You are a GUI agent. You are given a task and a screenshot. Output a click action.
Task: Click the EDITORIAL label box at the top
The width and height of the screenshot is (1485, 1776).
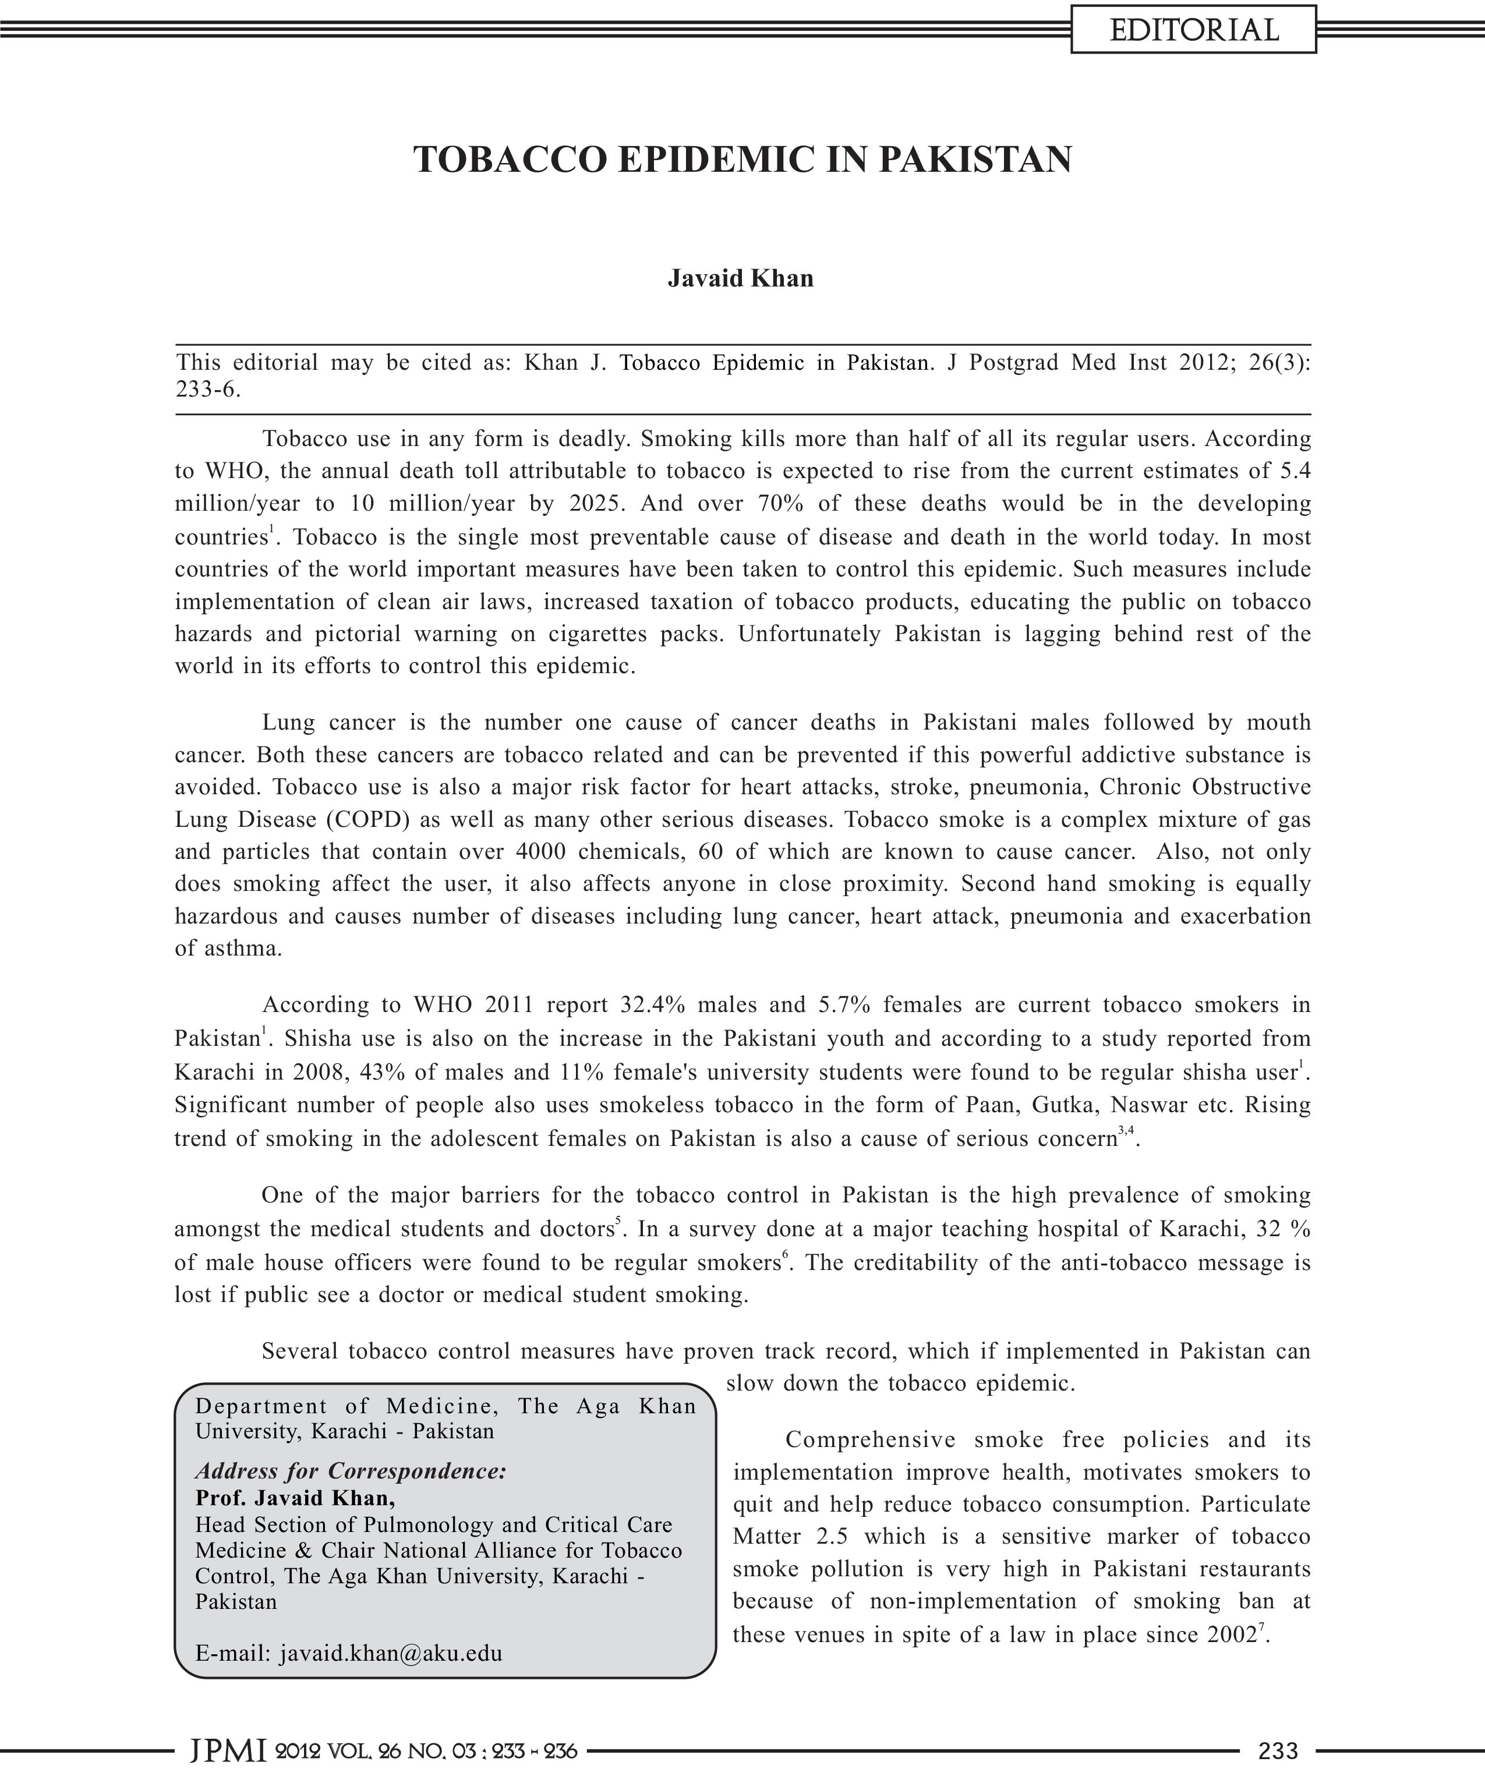(x=1193, y=30)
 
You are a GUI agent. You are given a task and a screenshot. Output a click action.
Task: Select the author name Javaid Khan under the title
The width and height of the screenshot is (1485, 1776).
(x=741, y=278)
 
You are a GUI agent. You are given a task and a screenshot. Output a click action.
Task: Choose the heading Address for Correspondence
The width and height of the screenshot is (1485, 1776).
(x=350, y=1471)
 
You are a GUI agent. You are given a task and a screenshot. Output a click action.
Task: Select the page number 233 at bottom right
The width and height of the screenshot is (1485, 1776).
(x=1278, y=1750)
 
